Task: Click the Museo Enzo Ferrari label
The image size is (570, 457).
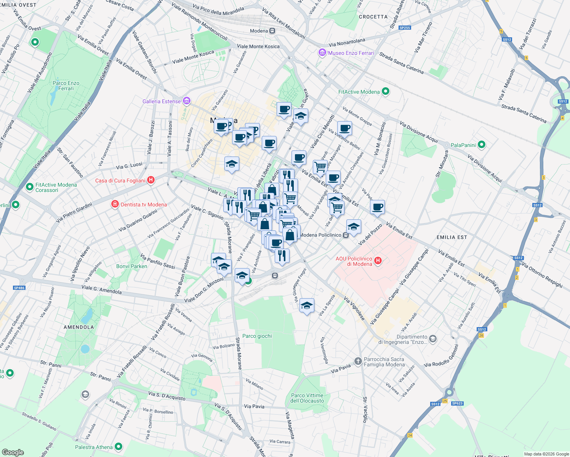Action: point(351,53)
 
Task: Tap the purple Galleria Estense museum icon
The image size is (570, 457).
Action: point(187,101)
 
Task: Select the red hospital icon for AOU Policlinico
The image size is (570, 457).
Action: point(378,260)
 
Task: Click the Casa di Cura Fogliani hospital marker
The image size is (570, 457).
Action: point(151,180)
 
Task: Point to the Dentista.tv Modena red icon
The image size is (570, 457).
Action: point(115,205)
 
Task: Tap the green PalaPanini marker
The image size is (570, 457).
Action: point(482,145)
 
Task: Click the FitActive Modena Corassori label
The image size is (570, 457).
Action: point(56,187)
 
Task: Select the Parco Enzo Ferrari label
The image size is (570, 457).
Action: point(66,86)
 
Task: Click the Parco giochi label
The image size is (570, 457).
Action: point(257,336)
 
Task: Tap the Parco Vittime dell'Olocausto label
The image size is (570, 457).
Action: point(307,398)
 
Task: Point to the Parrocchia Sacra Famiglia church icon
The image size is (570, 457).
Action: point(358,361)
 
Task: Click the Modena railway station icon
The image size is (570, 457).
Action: point(272,31)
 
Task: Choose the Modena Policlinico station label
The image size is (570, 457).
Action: point(320,235)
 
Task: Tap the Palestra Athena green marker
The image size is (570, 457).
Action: point(118,446)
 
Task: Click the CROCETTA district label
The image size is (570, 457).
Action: point(373,17)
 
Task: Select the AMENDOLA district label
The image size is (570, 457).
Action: point(79,327)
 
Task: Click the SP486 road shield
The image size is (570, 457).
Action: point(19,288)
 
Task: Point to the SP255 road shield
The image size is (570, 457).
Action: point(405,28)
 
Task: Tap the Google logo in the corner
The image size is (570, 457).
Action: point(13,452)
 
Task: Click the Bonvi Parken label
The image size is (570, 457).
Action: point(131,266)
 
